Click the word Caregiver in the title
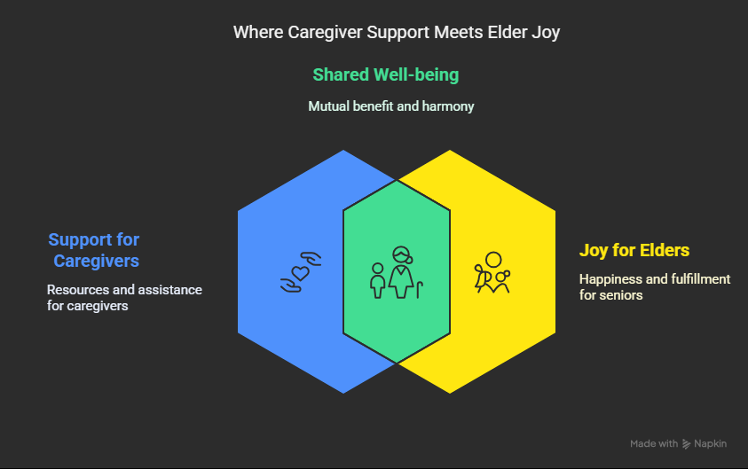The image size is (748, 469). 325,33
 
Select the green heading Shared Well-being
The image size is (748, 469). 385,74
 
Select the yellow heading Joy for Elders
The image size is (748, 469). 634,250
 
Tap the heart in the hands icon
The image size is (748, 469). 300,273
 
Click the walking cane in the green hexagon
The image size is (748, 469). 420,290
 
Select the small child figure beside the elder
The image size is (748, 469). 378,281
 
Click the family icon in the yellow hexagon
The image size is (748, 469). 492,272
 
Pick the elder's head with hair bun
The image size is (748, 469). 402,255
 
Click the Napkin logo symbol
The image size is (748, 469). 686,444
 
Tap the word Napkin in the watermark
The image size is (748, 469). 710,444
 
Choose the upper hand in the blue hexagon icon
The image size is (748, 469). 311,258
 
